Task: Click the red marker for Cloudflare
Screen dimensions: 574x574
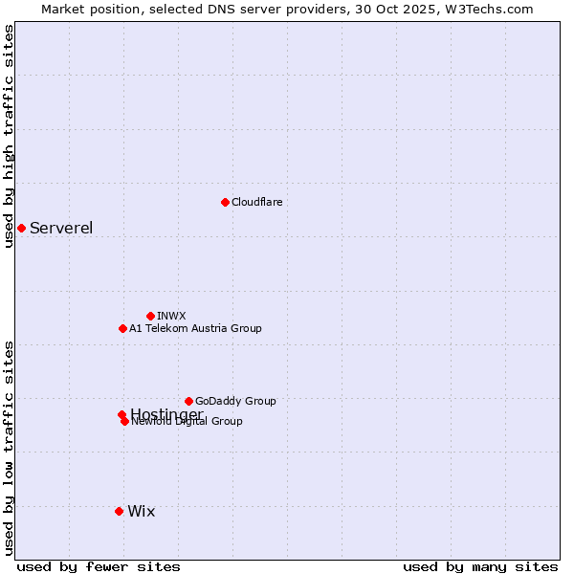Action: (x=225, y=202)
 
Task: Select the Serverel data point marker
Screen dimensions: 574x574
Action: (x=21, y=228)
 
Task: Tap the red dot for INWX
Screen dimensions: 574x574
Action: (x=150, y=316)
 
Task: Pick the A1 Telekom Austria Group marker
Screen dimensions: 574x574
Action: (x=122, y=328)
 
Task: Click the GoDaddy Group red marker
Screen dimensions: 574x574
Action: (x=188, y=401)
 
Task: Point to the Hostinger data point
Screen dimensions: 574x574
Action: (x=121, y=414)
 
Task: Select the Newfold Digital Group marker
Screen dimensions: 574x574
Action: (x=124, y=421)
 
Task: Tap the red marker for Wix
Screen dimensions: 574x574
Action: (x=119, y=511)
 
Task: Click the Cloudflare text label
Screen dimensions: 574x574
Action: (x=257, y=202)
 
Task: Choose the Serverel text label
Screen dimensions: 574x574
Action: (x=61, y=228)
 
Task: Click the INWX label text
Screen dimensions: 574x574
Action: (x=171, y=316)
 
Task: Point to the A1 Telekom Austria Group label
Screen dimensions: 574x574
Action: (x=195, y=328)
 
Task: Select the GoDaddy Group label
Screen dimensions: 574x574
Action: (x=235, y=401)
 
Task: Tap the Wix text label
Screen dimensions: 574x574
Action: (x=141, y=511)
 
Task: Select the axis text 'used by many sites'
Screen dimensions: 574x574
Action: (x=480, y=566)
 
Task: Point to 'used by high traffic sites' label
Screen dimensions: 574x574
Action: (x=9, y=136)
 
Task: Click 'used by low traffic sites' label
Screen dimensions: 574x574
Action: (x=9, y=447)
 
